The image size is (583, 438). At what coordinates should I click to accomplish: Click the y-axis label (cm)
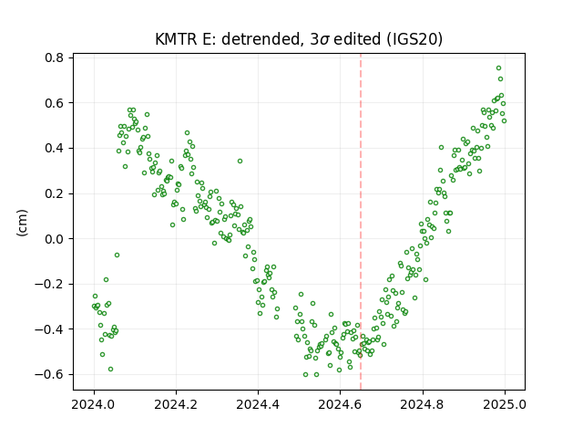coord(22,223)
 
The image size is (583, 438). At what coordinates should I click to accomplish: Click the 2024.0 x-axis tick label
coord(94,404)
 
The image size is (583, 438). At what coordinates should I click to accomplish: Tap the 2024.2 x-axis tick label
coord(176,404)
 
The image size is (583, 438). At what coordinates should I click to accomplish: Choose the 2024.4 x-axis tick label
coord(258,404)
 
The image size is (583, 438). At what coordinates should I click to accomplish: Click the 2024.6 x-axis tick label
coord(340,404)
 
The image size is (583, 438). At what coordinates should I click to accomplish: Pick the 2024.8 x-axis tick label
coord(423,404)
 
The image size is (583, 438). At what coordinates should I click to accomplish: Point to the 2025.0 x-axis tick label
coord(505,404)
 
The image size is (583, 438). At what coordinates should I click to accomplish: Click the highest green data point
coord(498,68)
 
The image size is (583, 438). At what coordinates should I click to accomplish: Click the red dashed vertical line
coord(361,222)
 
